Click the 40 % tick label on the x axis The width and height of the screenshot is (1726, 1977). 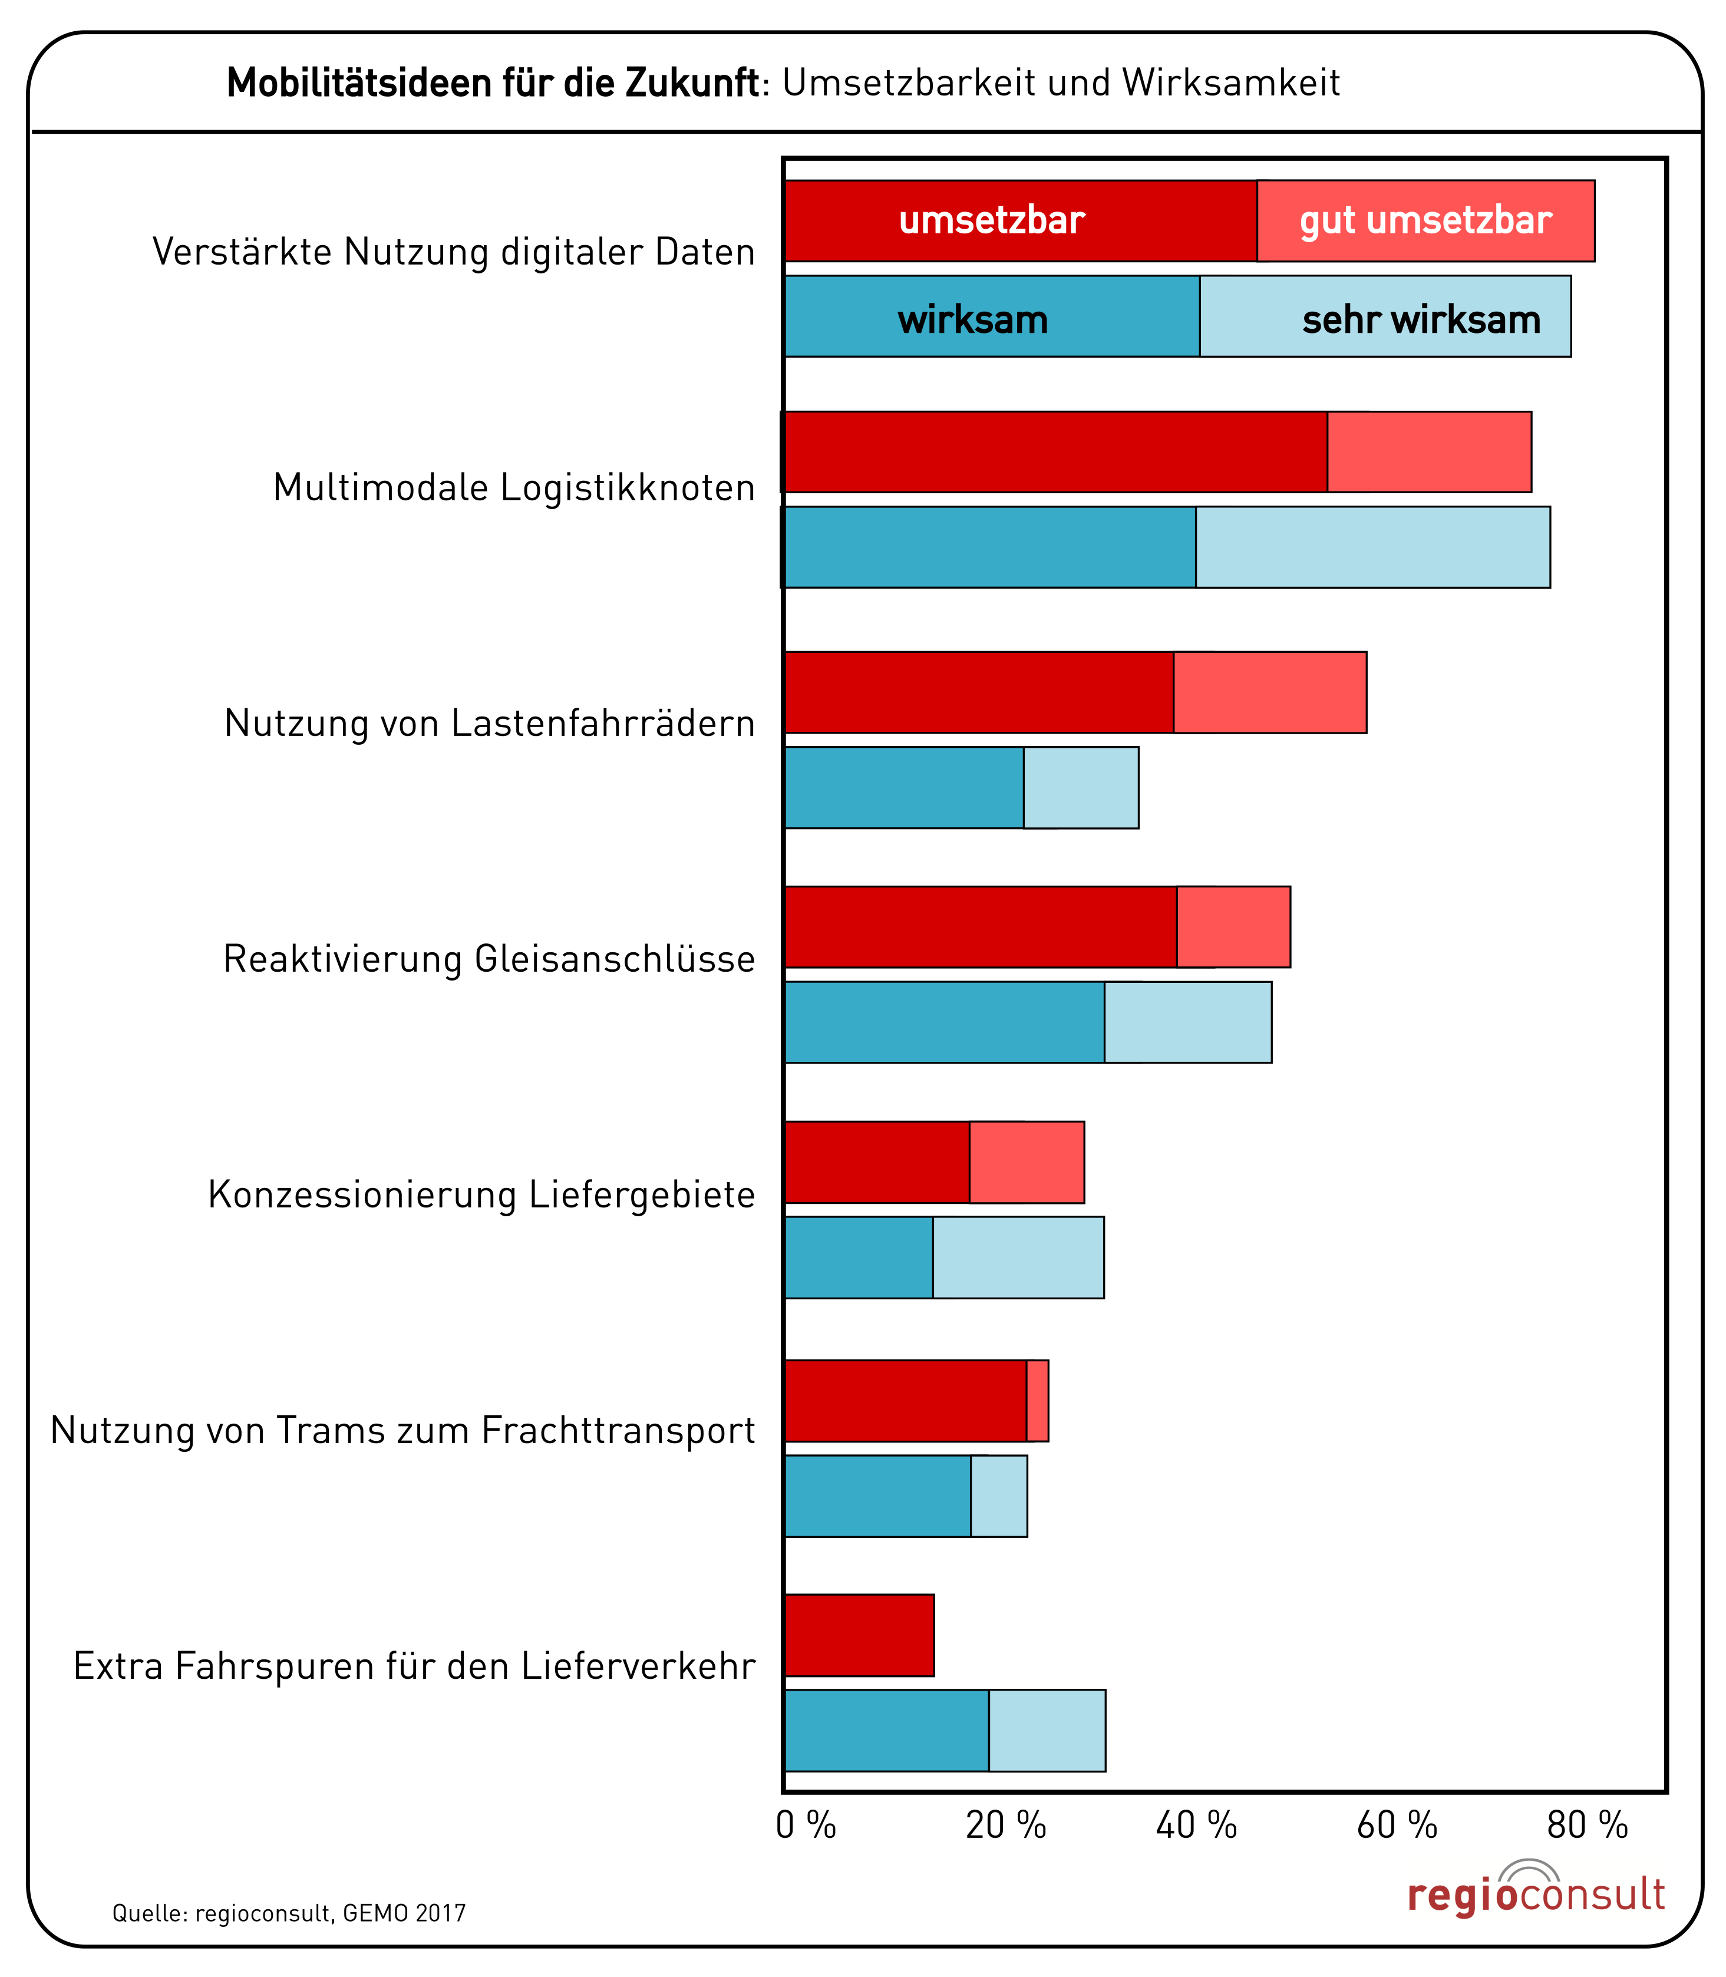(1196, 1825)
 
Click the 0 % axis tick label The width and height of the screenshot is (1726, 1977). (806, 1825)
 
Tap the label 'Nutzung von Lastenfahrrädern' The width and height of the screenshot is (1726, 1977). (489, 723)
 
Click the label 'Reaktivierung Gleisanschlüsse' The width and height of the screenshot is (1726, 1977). (489, 959)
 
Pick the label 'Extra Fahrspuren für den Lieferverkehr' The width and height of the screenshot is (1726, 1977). (414, 1666)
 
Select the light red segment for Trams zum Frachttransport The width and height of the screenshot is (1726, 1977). (1037, 1401)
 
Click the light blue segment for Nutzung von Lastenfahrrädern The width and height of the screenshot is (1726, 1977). (1081, 788)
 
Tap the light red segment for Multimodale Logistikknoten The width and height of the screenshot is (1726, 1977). (1430, 451)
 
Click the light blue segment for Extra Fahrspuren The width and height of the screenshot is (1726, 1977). (1047, 1731)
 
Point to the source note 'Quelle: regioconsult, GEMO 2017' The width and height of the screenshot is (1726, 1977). (289, 1913)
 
